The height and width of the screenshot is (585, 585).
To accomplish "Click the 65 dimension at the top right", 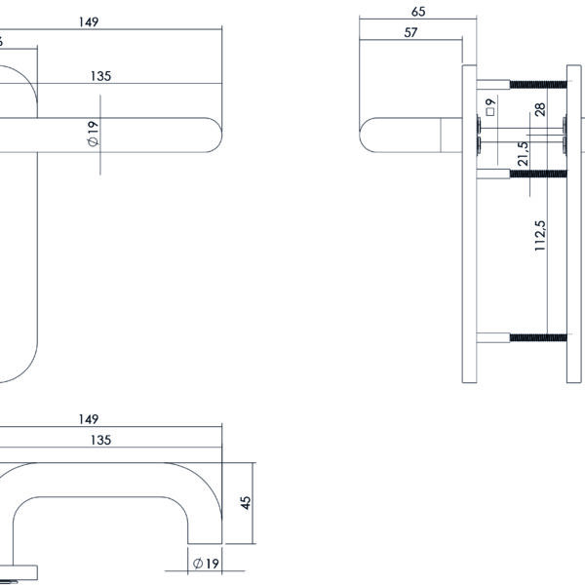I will [417, 12].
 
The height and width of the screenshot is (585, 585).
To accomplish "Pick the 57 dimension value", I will [410, 32].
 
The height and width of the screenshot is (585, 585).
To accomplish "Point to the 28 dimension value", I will [539, 109].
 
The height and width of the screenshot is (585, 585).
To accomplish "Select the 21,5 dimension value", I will [524, 154].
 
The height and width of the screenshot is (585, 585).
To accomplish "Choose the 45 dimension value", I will [246, 502].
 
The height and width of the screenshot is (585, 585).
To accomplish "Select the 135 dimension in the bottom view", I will [99, 440].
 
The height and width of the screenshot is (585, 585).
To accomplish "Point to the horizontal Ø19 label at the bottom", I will [204, 564].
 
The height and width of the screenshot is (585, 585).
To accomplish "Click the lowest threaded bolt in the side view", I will [536, 338].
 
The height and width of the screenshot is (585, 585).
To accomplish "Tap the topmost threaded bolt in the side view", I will [536, 76].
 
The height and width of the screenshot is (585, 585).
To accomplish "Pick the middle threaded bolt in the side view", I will [536, 174].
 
